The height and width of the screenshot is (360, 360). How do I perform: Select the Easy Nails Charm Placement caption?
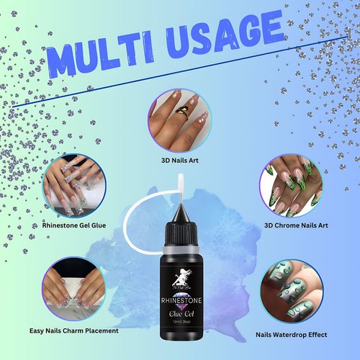pyautogui.click(x=73, y=332)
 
